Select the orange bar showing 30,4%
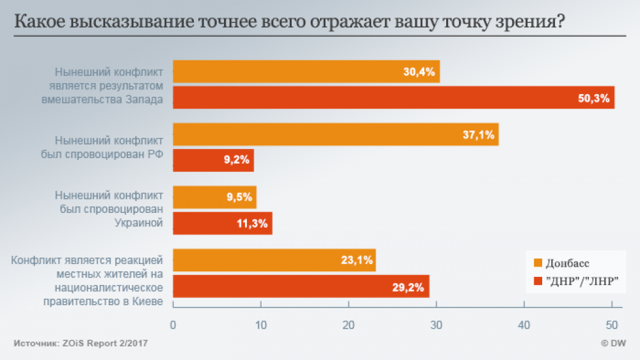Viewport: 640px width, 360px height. point(306,71)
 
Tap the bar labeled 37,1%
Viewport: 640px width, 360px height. point(335,134)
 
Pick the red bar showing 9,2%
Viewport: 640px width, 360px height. point(213,161)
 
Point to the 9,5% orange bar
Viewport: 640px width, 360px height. point(214,198)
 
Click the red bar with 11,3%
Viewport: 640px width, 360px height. point(222,223)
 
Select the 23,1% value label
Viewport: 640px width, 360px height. point(357,260)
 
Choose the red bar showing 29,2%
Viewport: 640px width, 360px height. point(301,286)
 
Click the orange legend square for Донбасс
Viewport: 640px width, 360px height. point(538,263)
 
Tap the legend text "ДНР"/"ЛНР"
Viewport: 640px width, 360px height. point(582,281)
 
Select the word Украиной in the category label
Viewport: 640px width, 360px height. point(139,222)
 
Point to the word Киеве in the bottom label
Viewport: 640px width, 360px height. point(149,300)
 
